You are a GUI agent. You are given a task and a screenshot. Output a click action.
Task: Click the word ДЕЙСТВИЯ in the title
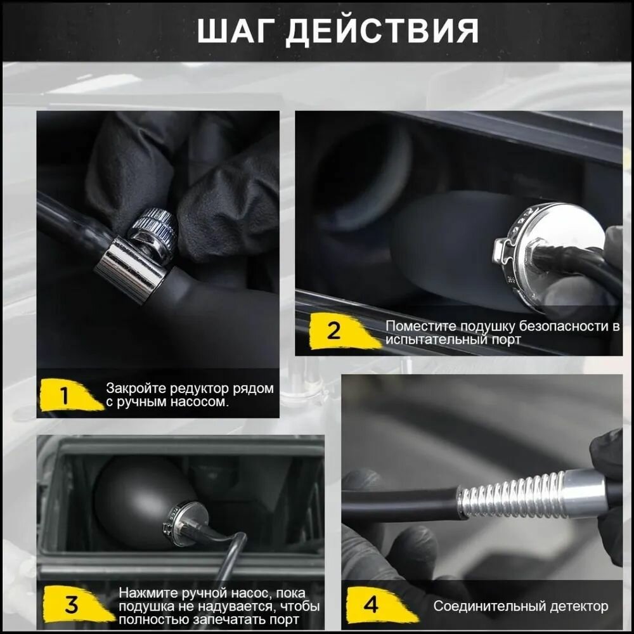[x=382, y=30]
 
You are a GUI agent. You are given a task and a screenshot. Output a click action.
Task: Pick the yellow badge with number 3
[x=77, y=604]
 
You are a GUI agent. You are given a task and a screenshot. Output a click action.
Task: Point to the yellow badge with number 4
[x=379, y=605]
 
